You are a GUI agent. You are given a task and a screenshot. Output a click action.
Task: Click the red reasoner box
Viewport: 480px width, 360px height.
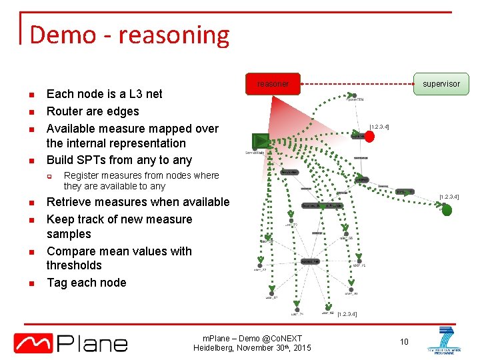tap(273, 84)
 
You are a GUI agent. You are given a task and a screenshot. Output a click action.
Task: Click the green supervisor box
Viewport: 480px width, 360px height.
tap(441, 84)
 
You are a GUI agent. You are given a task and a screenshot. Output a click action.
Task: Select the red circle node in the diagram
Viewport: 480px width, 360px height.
tap(369, 136)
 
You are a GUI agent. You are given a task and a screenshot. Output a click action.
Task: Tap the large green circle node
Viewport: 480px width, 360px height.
tap(447, 210)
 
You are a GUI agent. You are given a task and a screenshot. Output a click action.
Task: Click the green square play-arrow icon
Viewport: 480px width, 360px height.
tap(261, 141)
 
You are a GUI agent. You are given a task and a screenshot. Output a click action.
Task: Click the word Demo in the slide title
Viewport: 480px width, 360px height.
tap(61, 35)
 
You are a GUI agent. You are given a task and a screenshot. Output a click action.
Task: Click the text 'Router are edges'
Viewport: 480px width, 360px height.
tap(93, 111)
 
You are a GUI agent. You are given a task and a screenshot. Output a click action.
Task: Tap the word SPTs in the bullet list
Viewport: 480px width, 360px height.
tap(97, 160)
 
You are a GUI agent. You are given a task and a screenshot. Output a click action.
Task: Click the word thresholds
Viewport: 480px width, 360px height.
tap(74, 265)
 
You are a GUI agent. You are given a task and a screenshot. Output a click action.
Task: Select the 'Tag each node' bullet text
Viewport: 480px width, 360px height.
tap(86, 283)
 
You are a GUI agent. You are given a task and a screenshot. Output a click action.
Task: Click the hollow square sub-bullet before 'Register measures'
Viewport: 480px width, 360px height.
tap(49, 176)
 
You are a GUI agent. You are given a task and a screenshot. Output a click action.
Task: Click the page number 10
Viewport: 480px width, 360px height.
tap(403, 342)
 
